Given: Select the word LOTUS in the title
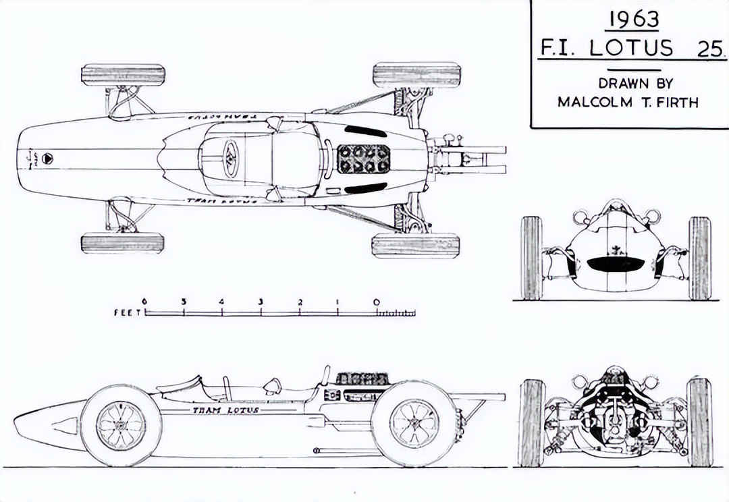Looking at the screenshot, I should (632, 48).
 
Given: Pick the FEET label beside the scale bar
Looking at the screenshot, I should (128, 312).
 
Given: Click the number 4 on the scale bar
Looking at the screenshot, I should (221, 302).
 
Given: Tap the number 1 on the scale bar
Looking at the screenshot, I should (337, 302).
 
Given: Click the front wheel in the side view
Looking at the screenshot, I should (121, 425).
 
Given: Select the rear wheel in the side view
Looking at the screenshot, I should (414, 423).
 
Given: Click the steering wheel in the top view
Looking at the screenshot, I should (230, 159).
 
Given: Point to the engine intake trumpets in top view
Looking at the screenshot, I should (364, 159).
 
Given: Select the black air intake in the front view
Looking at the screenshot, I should (616, 264).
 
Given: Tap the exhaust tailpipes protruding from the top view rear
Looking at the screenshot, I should (473, 159).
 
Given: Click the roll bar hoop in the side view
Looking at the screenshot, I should (326, 375).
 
